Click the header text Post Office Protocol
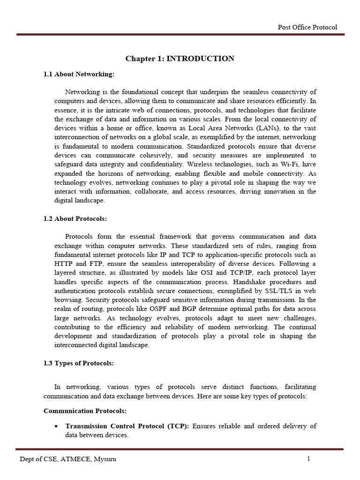point(307,27)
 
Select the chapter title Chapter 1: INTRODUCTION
point(180,59)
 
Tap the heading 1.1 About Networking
point(79,74)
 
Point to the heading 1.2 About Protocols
point(75,219)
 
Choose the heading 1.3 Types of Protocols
point(78,363)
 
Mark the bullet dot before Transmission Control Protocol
point(56,426)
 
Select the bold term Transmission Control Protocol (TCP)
point(127,426)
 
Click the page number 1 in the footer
point(308,459)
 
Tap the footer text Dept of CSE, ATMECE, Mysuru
point(67,459)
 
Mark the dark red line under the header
point(180,34)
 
